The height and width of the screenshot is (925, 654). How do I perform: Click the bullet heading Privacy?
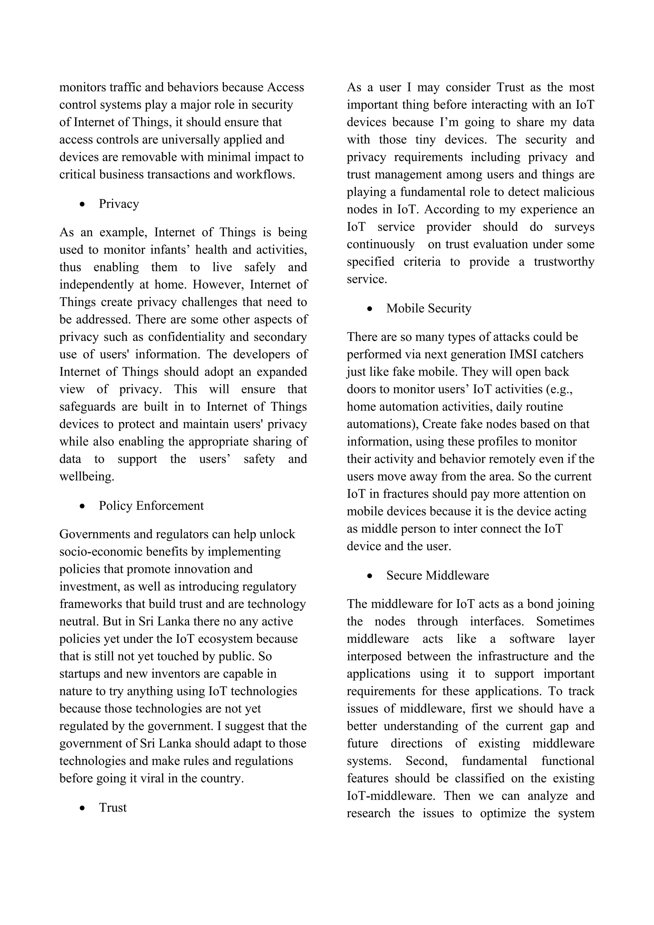(x=119, y=204)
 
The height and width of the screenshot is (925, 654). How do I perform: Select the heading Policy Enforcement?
(x=151, y=506)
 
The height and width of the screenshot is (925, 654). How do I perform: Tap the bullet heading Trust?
(x=113, y=807)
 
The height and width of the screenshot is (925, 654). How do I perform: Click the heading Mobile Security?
(x=429, y=308)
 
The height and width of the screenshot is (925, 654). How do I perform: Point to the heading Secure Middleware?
(x=437, y=575)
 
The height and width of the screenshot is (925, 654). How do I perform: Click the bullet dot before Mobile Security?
(x=370, y=309)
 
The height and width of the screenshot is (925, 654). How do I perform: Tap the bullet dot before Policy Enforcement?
(x=83, y=506)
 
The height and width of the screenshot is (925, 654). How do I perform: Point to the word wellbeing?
(x=87, y=477)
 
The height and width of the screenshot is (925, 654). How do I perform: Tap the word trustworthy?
(x=564, y=262)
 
